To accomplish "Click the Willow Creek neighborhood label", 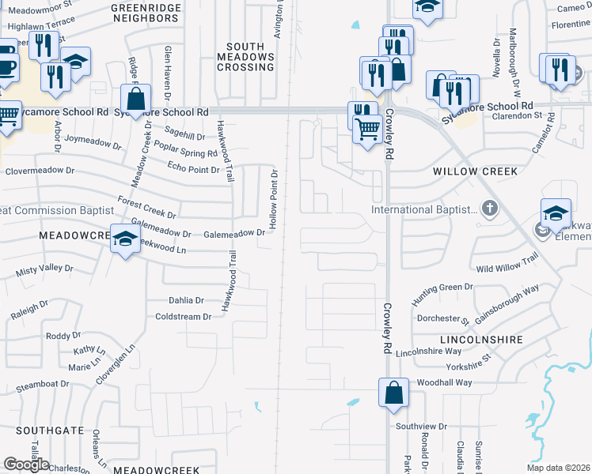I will tap(475, 171).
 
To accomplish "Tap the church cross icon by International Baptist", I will tap(490, 209).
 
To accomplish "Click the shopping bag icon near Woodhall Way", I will tap(393, 393).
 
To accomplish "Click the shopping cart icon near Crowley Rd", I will tap(367, 128).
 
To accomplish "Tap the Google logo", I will tap(26, 464).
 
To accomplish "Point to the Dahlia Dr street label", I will tap(187, 300).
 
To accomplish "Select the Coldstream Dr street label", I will tap(184, 317).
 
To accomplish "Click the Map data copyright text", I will tap(559, 468).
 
